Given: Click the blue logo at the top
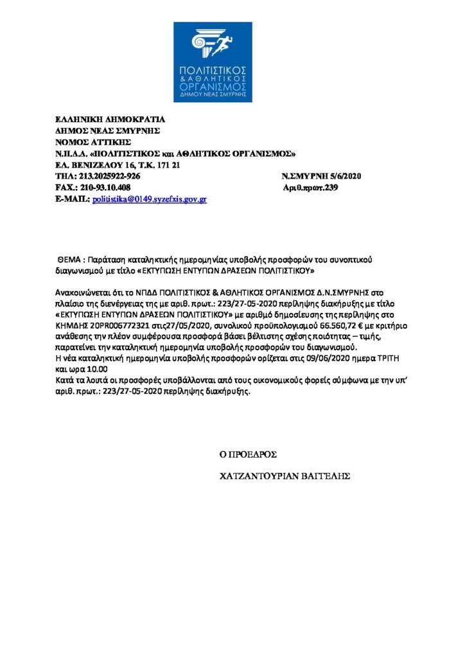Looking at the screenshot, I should (212, 62).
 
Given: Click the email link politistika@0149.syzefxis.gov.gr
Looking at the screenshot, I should (150, 200).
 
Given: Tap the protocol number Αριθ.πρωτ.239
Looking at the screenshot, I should (310, 188).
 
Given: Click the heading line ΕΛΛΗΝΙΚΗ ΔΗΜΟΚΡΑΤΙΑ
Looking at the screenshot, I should (110, 119).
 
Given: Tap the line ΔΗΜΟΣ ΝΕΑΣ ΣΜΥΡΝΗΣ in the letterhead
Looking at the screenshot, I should (107, 130).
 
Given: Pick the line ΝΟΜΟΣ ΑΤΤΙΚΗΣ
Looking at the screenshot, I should (93, 142).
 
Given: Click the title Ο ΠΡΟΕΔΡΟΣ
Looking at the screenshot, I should (248, 454).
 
